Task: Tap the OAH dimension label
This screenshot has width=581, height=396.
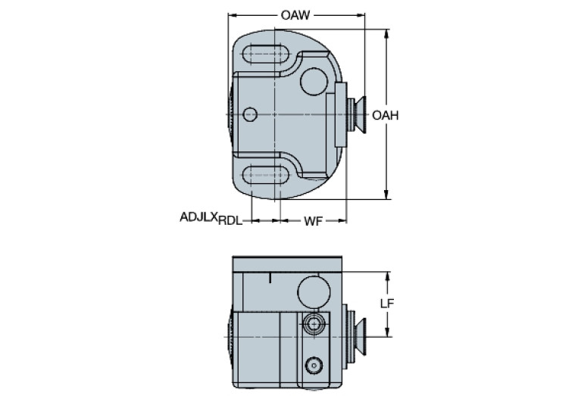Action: [386, 115]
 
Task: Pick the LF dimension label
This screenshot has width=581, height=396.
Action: [386, 304]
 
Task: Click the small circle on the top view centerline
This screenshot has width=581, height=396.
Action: [251, 114]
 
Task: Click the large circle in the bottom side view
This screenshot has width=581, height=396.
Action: [312, 290]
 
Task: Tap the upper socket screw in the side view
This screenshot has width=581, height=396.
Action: [313, 324]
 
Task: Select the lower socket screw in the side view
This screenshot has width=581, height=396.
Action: [312, 366]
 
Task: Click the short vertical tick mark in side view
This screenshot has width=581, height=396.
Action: [270, 279]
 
